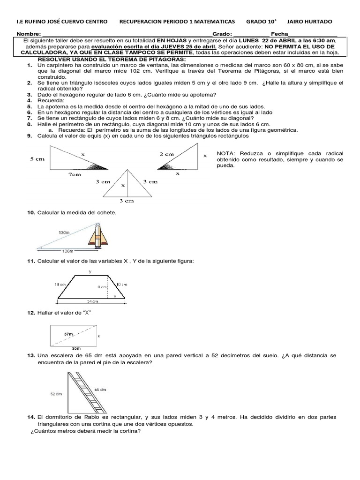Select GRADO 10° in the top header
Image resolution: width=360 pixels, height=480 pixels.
262,22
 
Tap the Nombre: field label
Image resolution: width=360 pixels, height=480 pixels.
29,35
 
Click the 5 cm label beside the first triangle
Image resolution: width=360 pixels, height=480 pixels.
37,159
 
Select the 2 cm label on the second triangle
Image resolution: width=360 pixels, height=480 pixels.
167,154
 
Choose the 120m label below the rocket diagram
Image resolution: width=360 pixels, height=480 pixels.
68,251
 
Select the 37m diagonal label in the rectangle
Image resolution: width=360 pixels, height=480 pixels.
69,333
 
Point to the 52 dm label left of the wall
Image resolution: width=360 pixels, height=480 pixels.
56,394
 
